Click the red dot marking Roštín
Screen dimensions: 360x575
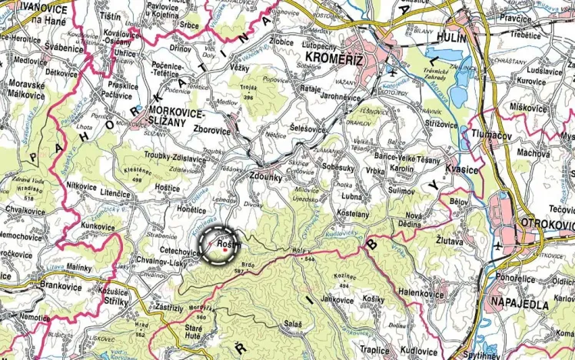click(x=224, y=249)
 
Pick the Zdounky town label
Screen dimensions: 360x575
click(x=266, y=175)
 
